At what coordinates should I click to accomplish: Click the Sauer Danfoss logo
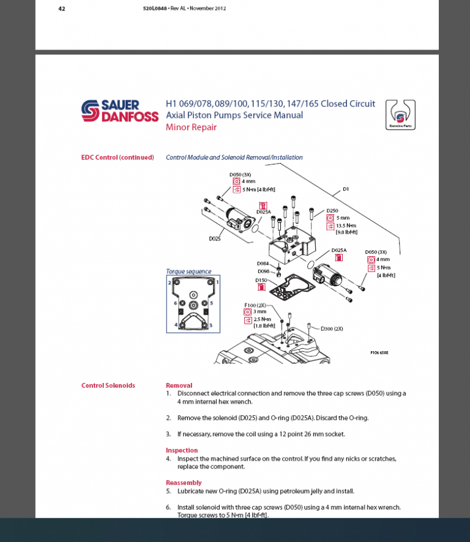click(120, 111)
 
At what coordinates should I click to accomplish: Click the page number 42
click(62, 9)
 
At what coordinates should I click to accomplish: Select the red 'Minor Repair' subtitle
click(191, 127)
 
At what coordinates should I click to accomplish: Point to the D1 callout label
click(346, 189)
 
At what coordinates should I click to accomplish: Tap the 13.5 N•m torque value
click(346, 225)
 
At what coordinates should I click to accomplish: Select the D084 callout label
click(263, 264)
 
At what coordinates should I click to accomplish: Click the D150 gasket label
click(261, 280)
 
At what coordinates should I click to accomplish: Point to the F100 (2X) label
click(255, 304)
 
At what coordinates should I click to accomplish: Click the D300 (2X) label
click(332, 329)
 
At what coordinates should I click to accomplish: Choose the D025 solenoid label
click(215, 238)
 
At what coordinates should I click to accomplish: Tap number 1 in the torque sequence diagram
click(217, 283)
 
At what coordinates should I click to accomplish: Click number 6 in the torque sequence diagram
click(175, 303)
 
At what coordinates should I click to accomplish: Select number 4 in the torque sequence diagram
click(175, 325)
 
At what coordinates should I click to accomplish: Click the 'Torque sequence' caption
click(188, 271)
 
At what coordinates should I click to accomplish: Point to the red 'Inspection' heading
click(182, 450)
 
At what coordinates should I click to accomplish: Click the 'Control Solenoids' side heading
click(108, 385)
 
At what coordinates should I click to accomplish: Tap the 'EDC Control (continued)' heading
click(117, 157)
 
